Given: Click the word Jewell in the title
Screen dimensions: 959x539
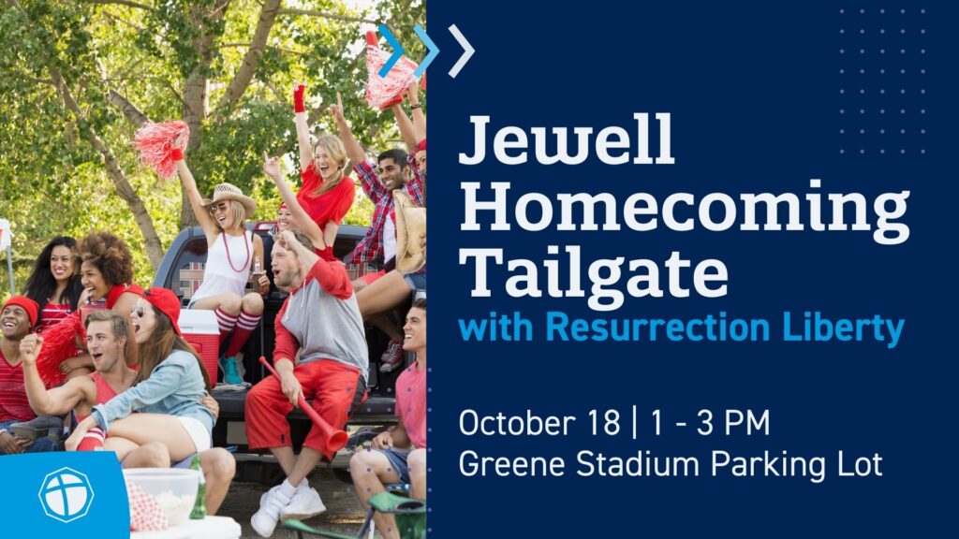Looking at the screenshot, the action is [567, 139].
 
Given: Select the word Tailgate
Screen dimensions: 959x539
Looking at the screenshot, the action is [593, 276].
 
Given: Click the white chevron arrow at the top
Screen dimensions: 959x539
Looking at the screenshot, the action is [462, 51].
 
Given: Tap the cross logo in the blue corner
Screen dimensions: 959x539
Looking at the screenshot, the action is [66, 494].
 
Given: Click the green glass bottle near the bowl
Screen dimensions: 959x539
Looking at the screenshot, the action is [198, 488].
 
